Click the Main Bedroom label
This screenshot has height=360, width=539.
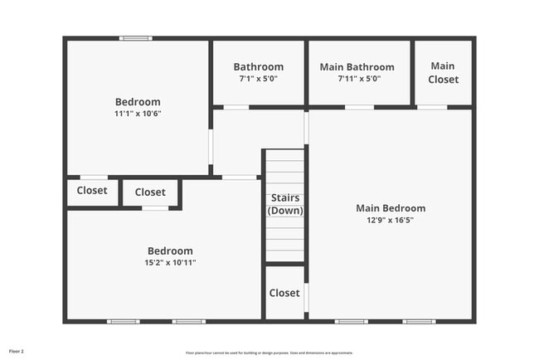[x=391, y=208]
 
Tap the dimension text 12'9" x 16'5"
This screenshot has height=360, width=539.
[x=391, y=221]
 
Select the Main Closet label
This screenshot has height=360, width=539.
[x=443, y=73]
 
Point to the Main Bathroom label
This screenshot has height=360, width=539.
[x=357, y=67]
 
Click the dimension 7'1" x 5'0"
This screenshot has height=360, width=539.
[x=258, y=79]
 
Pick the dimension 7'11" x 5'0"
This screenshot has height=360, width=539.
[x=357, y=79]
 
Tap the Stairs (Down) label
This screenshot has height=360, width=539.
[x=284, y=204]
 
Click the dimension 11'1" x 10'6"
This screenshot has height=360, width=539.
[x=138, y=114]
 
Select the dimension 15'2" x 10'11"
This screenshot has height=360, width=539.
[x=170, y=263]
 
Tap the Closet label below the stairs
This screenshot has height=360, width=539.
[x=284, y=293]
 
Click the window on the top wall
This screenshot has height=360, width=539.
[x=135, y=38]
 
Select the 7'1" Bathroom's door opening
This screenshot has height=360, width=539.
[x=236, y=107]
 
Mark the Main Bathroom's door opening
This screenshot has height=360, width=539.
[x=359, y=107]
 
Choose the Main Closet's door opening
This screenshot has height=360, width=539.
[x=432, y=107]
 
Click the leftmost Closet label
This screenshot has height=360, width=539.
[x=92, y=191]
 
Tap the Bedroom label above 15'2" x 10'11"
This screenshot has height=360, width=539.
[x=170, y=251]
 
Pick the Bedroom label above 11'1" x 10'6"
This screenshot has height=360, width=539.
[x=138, y=102]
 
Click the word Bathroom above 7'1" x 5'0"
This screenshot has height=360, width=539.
[x=258, y=67]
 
